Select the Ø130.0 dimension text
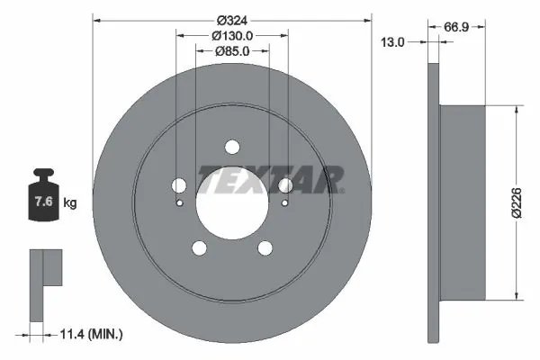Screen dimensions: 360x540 click(231, 35)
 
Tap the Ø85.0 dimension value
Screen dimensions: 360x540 click(232, 51)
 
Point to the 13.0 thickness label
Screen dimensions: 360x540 click(391, 42)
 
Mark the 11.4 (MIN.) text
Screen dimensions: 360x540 click(91, 334)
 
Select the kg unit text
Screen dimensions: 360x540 click(70, 203)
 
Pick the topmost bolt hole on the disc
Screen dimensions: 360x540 click(232, 148)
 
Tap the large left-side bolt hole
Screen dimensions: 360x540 click(178, 185)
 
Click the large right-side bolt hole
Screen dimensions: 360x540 click(286, 185)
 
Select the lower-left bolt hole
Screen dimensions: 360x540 click(199, 249)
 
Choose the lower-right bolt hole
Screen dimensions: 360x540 click(265, 249)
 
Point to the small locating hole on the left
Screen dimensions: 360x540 click(180, 202)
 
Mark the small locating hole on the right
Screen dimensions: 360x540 click(284, 202)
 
